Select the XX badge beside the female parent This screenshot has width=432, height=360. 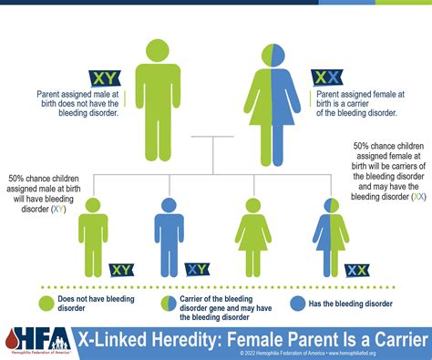(326, 77)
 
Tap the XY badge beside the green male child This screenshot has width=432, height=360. (121, 269)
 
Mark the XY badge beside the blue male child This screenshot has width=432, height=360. (197, 269)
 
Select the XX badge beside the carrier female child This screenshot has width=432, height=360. (357, 269)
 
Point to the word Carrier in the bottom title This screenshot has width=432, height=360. (393, 337)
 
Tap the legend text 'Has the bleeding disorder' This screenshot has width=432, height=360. (352, 303)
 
